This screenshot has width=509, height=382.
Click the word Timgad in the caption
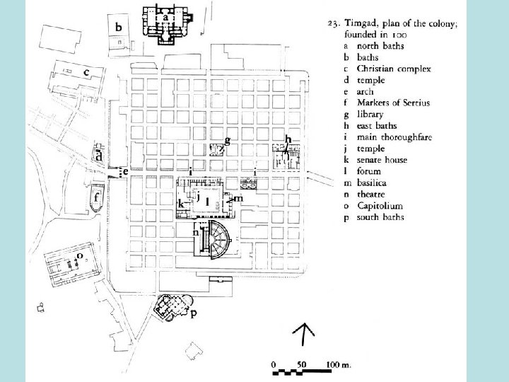[x=362, y=23]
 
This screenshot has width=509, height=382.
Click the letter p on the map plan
[x=193, y=314]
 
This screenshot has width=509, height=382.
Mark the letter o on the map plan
[x=80, y=255]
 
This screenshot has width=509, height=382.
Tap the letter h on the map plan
[x=288, y=139]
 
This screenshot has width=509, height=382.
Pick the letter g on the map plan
[x=227, y=139]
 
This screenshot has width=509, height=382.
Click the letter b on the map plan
[x=119, y=27]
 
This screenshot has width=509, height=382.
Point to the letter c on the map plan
[x=86, y=71]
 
